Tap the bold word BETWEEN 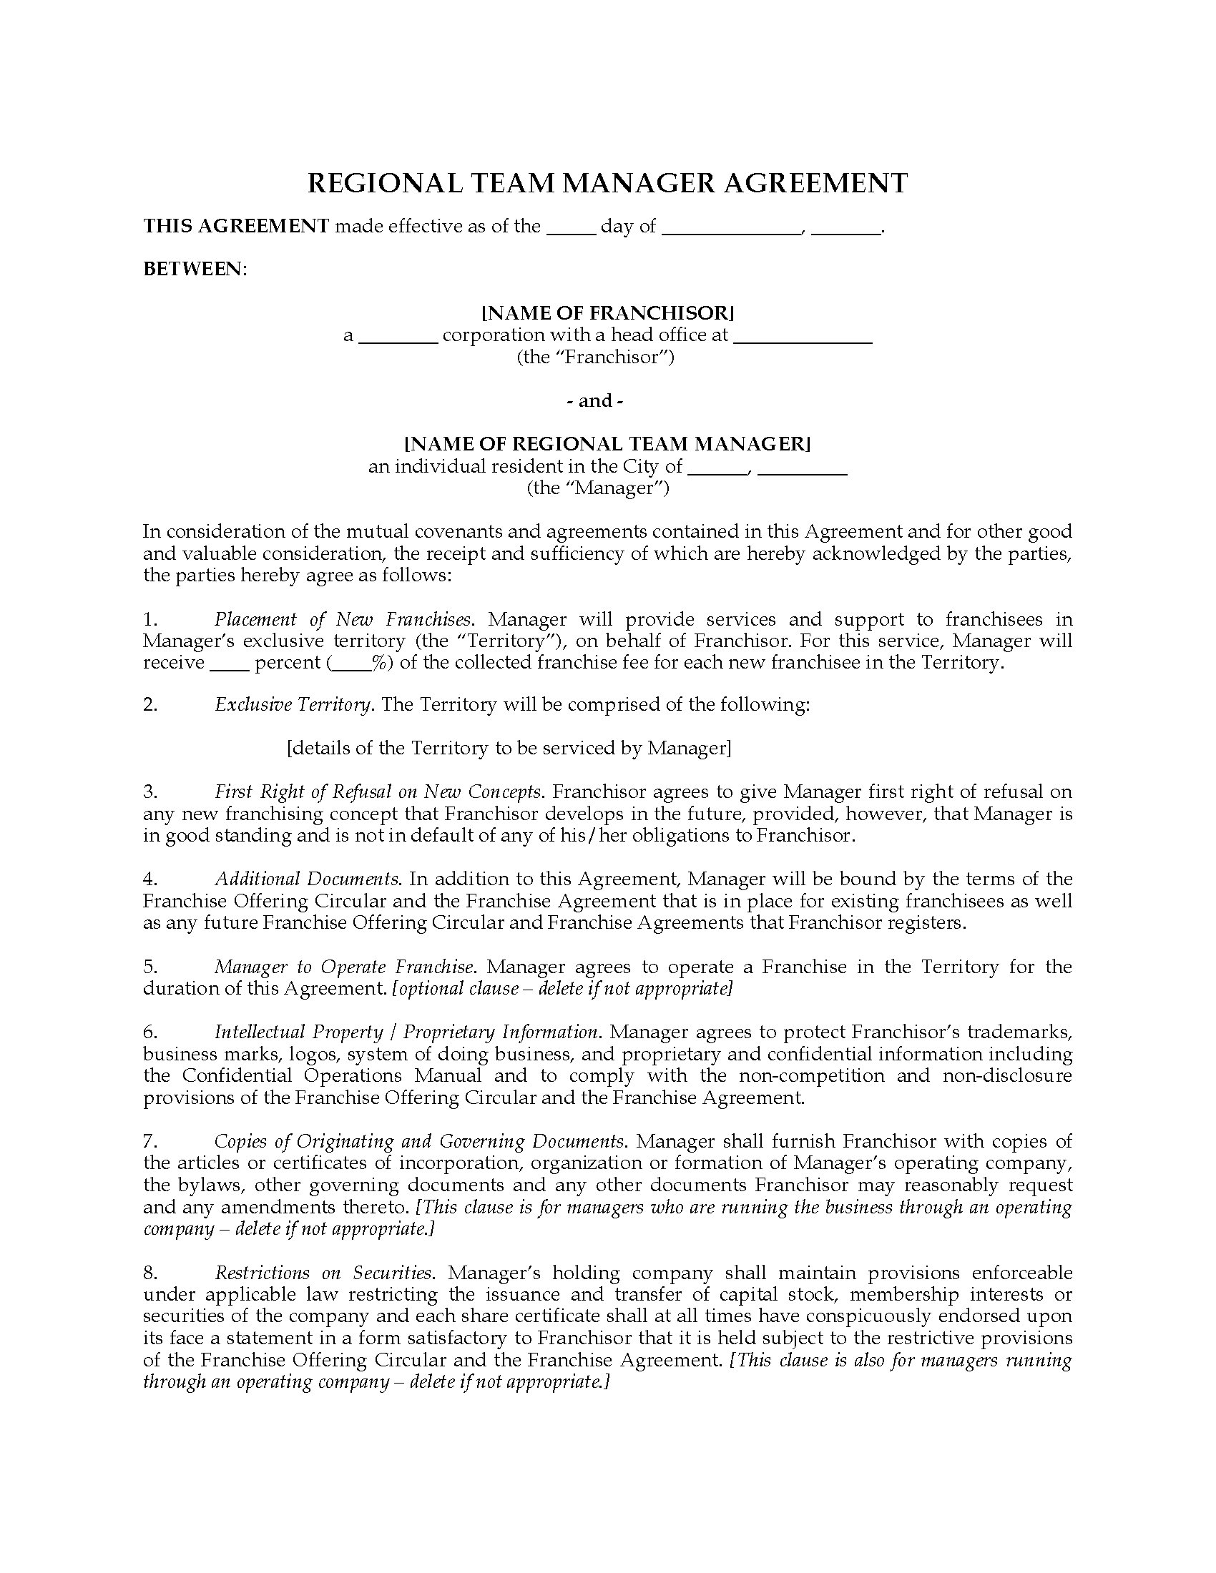click(194, 269)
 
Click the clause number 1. click(149, 619)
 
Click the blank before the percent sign click(351, 664)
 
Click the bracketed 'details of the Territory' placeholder click(509, 749)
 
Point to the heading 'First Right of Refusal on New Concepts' click(378, 792)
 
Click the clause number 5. click(149, 967)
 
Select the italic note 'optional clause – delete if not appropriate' click(563, 988)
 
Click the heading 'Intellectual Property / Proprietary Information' click(406, 1032)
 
